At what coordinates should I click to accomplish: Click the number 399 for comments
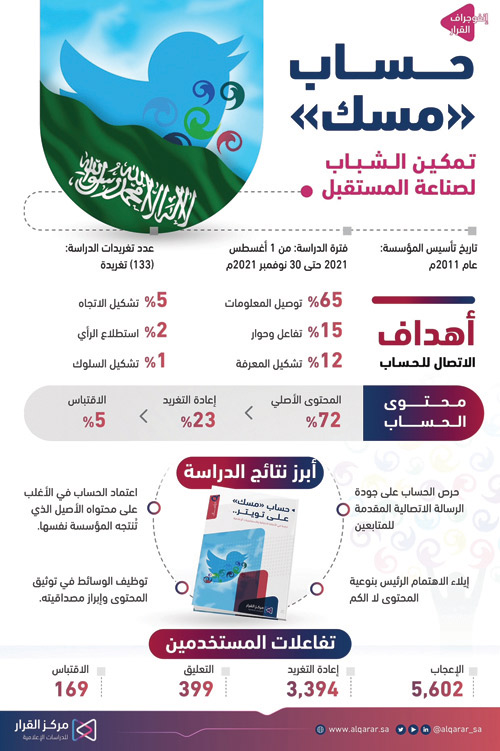click(197, 689)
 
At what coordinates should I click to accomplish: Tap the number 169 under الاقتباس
click(72, 689)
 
